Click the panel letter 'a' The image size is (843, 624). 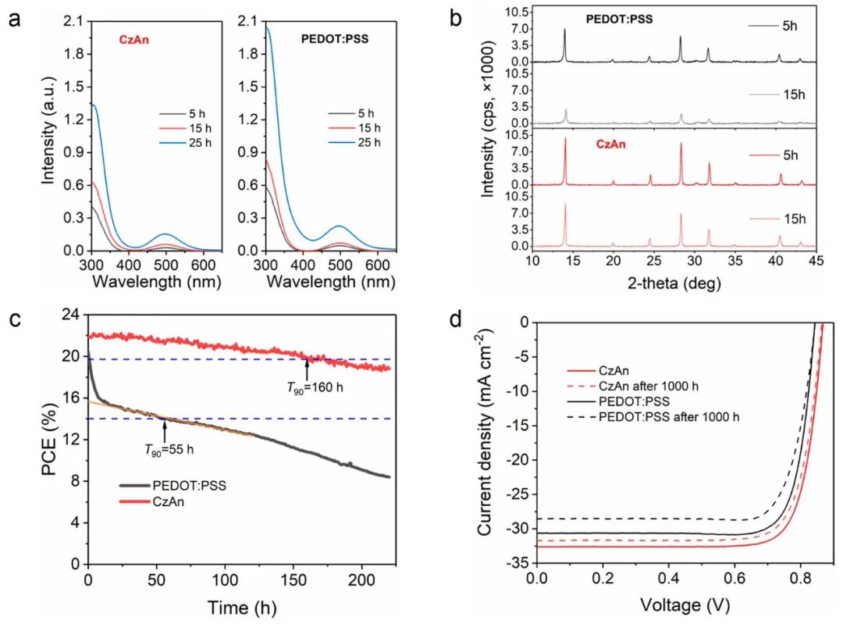click(15, 20)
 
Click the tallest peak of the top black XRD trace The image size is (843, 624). click(564, 30)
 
